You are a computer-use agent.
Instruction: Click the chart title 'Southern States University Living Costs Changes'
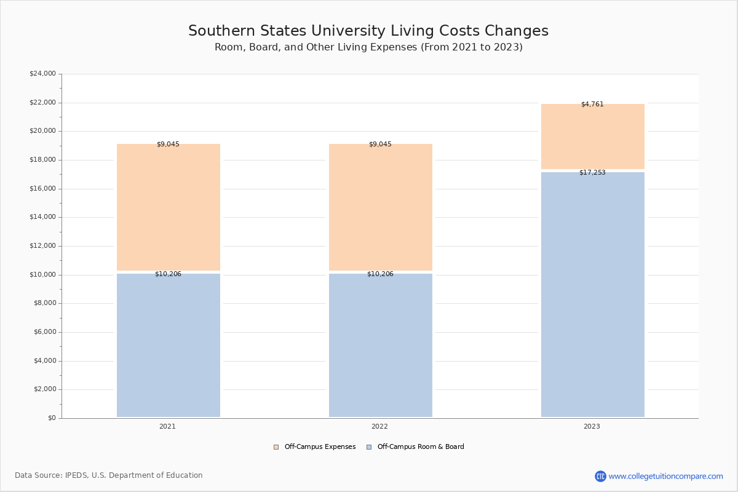[x=368, y=31]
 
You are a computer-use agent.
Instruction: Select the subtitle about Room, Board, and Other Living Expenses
[x=368, y=47]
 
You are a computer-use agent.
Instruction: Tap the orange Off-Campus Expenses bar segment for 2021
[x=169, y=207]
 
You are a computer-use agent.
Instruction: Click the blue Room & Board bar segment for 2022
[x=381, y=346]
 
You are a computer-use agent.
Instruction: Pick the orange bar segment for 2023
[x=593, y=137]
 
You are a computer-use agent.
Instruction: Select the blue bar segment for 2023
[x=593, y=295]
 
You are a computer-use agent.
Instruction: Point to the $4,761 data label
[x=592, y=104]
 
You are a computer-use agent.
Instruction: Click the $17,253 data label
[x=592, y=172]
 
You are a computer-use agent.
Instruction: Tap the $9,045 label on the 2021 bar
[x=168, y=144]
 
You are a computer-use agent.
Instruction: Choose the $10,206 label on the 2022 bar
[x=380, y=274]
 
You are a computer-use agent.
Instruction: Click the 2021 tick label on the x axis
[x=167, y=426]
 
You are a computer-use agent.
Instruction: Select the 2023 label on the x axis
[x=592, y=426]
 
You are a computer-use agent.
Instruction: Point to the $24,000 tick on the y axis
[x=43, y=73]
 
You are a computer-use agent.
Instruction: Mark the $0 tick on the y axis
[x=52, y=418]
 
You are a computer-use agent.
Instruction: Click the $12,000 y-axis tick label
[x=43, y=246]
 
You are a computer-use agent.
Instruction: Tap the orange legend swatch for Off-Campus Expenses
[x=276, y=447]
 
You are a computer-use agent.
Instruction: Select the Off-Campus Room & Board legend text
[x=421, y=447]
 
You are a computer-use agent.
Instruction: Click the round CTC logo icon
[x=600, y=476]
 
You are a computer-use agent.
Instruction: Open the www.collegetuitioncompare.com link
[x=665, y=477]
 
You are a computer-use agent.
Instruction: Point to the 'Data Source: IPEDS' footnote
[x=109, y=475]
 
